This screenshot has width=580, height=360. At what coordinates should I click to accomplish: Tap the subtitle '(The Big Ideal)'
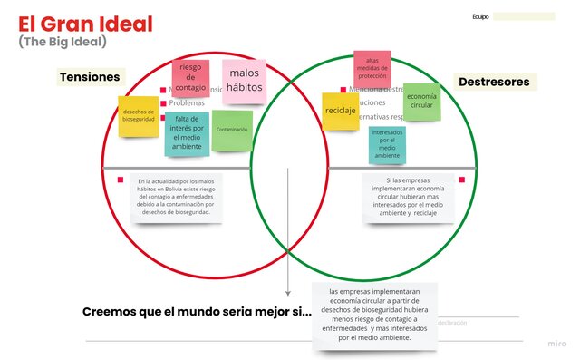point(62,42)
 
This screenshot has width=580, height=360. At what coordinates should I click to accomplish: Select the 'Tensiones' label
point(90,77)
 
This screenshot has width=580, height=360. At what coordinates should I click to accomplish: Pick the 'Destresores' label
point(494,82)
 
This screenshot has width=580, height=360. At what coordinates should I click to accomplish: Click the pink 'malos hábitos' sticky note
point(244,81)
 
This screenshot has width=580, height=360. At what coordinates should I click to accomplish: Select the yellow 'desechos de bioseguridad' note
point(139,116)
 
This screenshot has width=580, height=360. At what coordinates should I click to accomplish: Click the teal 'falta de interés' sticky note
point(187,132)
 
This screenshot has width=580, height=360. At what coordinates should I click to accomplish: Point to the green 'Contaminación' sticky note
point(232,131)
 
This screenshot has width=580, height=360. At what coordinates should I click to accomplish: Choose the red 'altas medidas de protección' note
point(372,68)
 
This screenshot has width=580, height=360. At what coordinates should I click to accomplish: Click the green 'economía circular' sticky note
point(420,102)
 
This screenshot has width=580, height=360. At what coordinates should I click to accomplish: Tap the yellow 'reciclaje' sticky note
point(340,111)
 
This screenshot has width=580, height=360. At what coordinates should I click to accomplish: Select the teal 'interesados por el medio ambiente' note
point(387,144)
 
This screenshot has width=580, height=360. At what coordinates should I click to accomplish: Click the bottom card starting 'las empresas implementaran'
point(374,316)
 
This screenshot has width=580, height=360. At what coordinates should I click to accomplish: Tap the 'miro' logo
point(558,344)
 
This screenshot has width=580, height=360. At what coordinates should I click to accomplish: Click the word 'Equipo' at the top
point(480,16)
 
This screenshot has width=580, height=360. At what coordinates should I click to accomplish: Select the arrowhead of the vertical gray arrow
point(288,292)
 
